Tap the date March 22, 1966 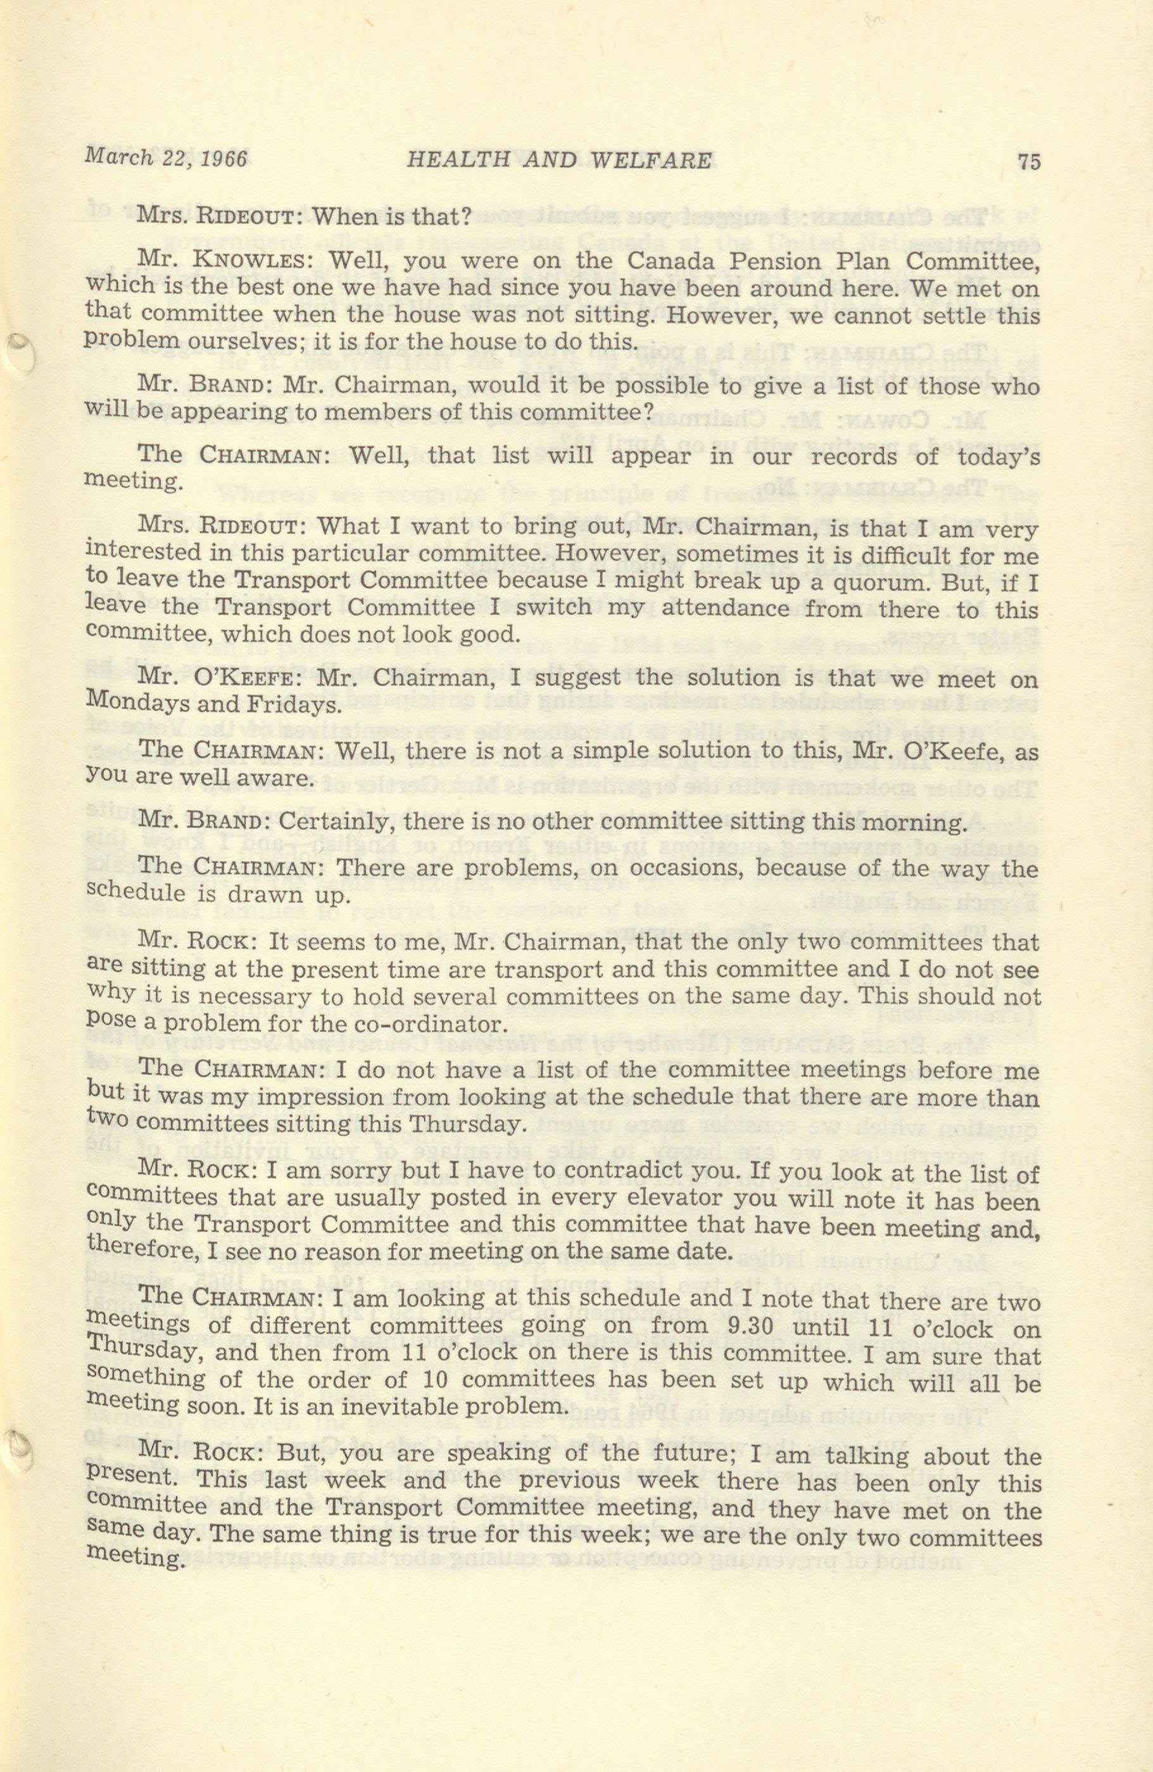click(x=165, y=157)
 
